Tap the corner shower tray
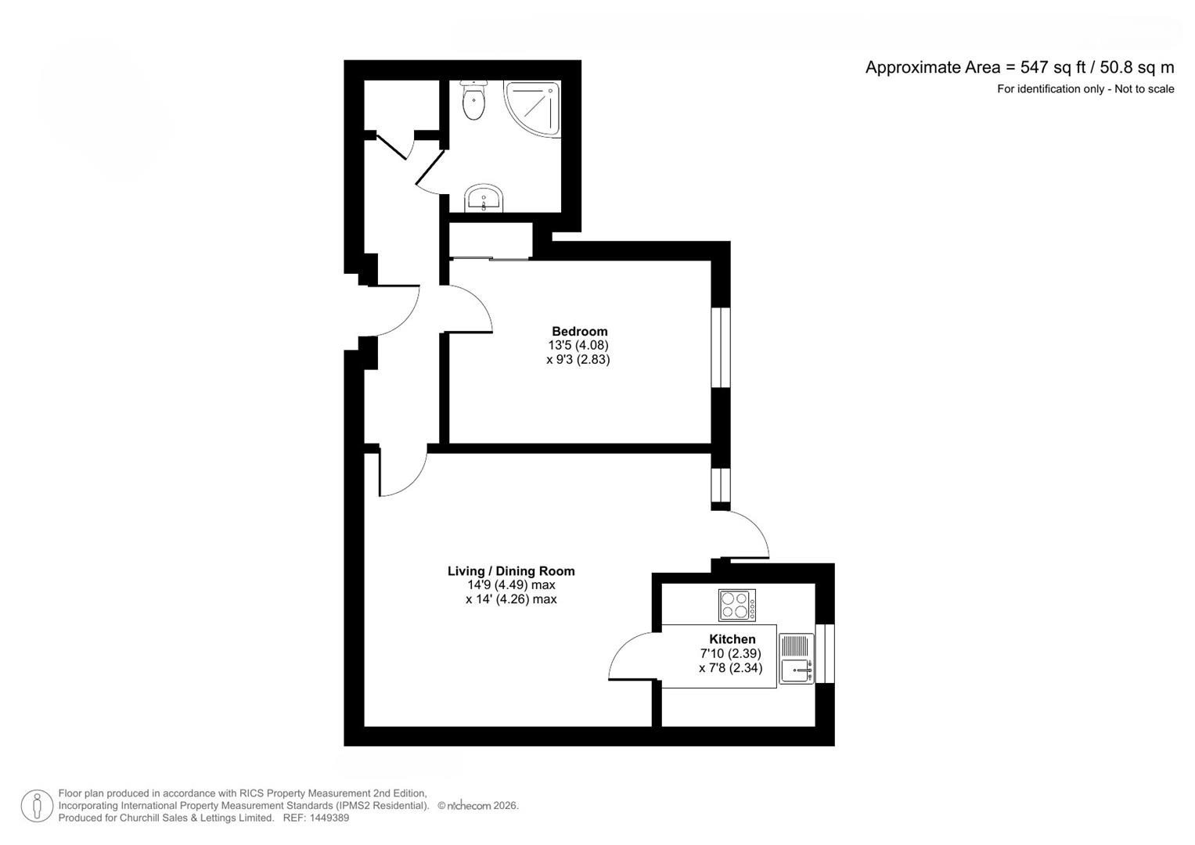tap(532, 110)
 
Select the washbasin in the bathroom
tap(484, 198)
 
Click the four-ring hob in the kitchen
tap(737, 605)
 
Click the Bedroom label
tap(579, 331)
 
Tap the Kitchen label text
tap(732, 639)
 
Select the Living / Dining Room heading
tap(511, 571)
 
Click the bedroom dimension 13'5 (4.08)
tap(578, 345)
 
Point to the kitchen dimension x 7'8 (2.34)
tap(730, 667)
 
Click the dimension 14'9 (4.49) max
tap(511, 585)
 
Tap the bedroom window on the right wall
tap(721, 347)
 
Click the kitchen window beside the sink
tap(825, 653)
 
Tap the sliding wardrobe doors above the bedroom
tap(490, 259)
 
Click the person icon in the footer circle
tap(37, 806)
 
